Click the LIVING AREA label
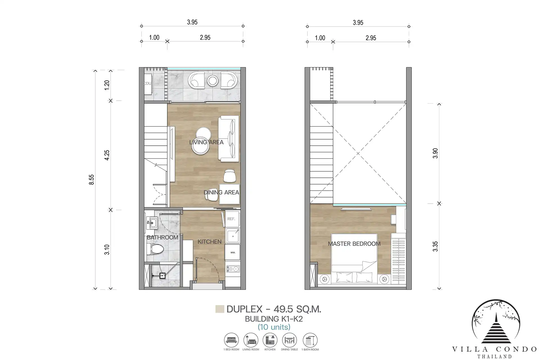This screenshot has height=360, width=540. (206, 142)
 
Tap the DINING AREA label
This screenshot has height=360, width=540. (221, 192)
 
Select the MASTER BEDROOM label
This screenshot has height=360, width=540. (354, 244)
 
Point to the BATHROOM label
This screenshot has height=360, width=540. (163, 237)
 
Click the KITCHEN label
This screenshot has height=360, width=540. (210, 242)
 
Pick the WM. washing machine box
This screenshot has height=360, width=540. (233, 252)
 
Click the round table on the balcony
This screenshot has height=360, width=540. (213, 81)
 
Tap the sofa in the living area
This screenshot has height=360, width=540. (228, 139)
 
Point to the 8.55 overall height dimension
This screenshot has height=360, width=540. (91, 179)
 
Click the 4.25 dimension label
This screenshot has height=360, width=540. (107, 155)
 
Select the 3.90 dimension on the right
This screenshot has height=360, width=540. (435, 153)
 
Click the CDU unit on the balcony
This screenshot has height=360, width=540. (148, 84)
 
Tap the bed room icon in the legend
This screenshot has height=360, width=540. (231, 340)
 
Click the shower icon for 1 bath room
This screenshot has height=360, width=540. (310, 340)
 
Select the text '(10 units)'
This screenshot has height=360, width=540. (274, 327)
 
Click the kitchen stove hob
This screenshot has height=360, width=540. (233, 269)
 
